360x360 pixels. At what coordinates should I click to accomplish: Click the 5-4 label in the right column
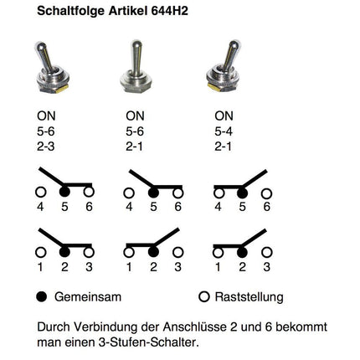[x=224, y=132]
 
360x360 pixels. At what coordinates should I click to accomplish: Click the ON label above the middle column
[x=134, y=116]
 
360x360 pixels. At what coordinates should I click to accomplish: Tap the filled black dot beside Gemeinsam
[x=42, y=296]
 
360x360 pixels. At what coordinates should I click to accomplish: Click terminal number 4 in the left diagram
[x=39, y=206]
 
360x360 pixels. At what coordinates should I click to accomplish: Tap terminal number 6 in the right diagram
[x=267, y=206]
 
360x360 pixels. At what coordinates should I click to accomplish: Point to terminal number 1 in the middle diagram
[x=128, y=267]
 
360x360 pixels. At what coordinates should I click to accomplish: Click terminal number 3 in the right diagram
[x=267, y=267]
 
